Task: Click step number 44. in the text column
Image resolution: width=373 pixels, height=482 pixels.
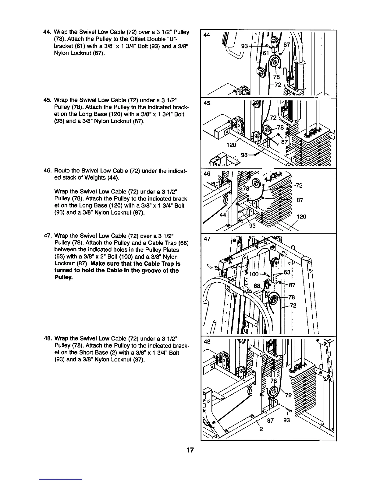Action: point(48,32)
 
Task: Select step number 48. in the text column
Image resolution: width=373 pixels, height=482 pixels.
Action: point(48,339)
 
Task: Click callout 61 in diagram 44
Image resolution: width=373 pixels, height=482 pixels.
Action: point(266,53)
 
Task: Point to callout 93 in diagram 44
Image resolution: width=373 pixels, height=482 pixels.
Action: point(244,46)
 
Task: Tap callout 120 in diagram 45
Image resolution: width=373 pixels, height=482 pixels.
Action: point(231,145)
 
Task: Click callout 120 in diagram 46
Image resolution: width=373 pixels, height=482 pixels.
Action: point(301,217)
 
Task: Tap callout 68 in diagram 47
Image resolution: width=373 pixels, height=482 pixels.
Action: point(258,286)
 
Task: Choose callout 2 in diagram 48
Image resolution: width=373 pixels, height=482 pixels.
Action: point(261,429)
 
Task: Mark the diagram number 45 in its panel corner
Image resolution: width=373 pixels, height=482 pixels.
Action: point(207,103)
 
